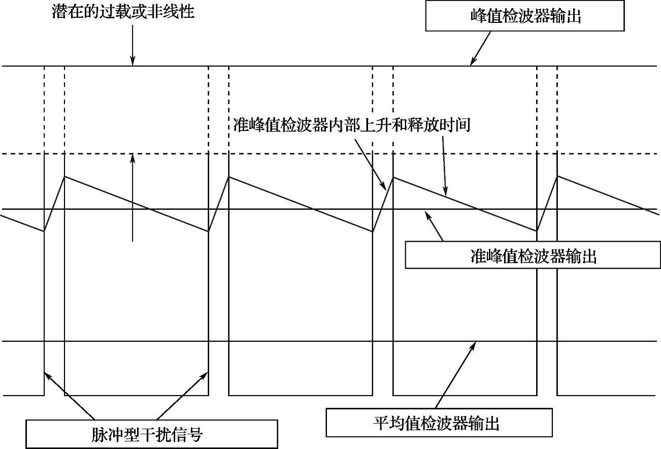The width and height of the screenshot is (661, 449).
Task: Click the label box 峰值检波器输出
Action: [525, 17]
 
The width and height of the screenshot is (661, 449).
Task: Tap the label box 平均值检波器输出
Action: [439, 423]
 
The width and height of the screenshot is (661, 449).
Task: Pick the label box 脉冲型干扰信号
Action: [152, 434]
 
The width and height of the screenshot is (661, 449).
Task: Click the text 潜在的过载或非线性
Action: [123, 12]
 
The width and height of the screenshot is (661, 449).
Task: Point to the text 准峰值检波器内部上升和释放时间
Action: [352, 125]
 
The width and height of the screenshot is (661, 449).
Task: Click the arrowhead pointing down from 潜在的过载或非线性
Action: [133, 63]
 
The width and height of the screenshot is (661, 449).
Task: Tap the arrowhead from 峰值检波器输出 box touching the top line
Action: [472, 63]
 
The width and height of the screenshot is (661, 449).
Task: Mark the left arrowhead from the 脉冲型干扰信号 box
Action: [46, 374]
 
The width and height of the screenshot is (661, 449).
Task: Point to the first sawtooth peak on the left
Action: [64, 176]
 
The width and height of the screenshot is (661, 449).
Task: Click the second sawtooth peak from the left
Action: [229, 176]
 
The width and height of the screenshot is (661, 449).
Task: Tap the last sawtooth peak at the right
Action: [557, 176]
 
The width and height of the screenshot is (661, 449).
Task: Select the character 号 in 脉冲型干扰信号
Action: [195, 435]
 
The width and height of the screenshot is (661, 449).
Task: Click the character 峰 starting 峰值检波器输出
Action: [478, 17]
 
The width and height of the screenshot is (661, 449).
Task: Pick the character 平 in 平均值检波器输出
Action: [381, 423]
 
